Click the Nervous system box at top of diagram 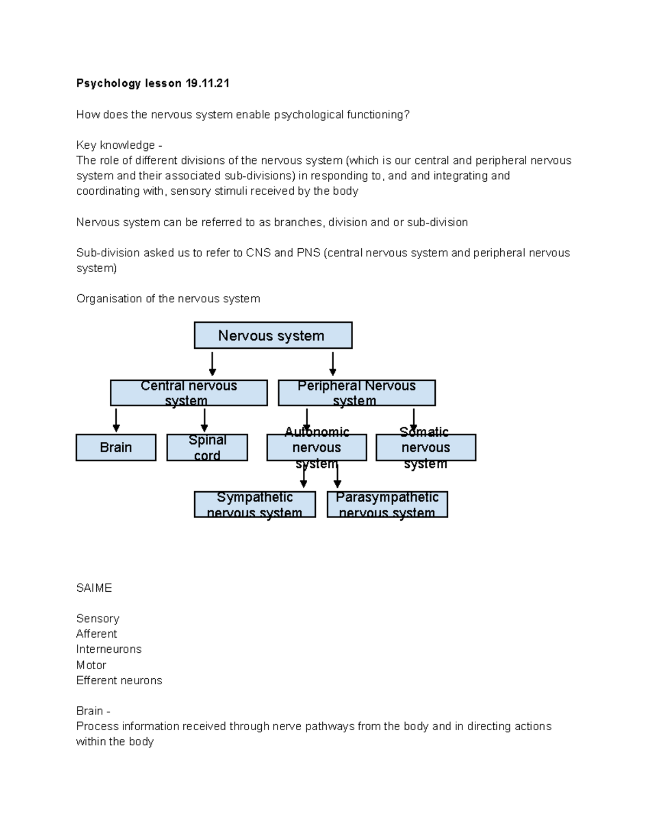click(273, 335)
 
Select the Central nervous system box click(189, 393)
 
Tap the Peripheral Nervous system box click(356, 393)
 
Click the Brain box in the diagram click(116, 447)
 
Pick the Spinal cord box click(207, 447)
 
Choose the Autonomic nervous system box click(316, 447)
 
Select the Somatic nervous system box click(426, 447)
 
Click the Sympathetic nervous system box click(255, 504)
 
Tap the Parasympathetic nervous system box click(387, 504)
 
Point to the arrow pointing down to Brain click(116, 420)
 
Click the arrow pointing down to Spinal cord click(204, 420)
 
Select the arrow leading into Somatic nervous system click(414, 420)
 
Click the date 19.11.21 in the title click(207, 83)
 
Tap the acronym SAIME click(94, 588)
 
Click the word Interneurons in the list click(109, 649)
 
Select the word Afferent click(96, 634)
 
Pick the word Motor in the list click(91, 665)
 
